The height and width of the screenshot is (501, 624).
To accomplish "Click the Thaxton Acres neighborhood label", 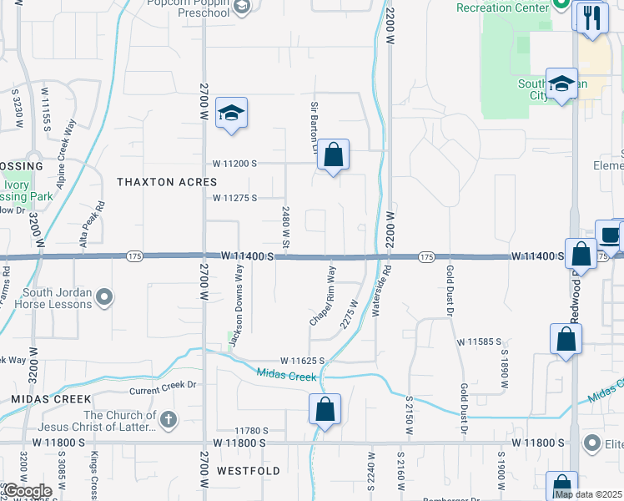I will click(x=167, y=182).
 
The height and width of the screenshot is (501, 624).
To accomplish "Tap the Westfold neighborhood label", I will click(x=248, y=471).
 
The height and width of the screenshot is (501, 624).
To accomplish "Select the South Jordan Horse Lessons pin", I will click(x=104, y=296).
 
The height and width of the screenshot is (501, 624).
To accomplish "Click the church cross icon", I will click(x=168, y=419).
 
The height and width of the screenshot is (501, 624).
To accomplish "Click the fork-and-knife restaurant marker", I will click(x=592, y=17).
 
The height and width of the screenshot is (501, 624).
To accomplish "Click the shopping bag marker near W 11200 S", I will click(x=333, y=154).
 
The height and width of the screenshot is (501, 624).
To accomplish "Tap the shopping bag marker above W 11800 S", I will click(x=325, y=410).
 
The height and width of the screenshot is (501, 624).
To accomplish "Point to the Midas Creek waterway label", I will click(x=286, y=375).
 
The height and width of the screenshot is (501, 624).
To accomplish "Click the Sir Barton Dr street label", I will click(x=315, y=128).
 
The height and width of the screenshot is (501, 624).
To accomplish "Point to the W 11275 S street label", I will click(x=234, y=198).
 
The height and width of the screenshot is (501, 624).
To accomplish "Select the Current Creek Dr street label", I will click(x=162, y=387).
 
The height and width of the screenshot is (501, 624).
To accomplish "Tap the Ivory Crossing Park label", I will click(x=28, y=190).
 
